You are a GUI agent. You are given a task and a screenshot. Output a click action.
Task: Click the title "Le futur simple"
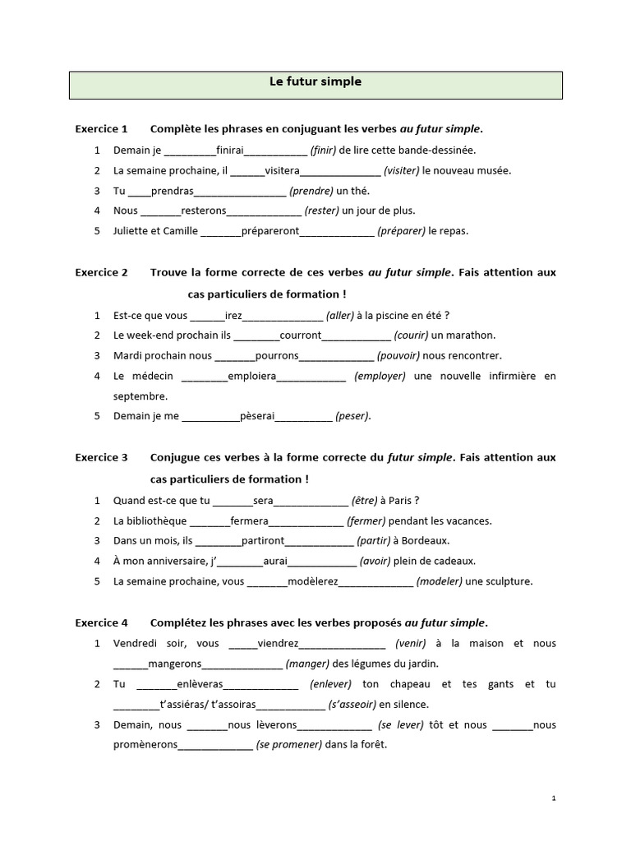coord(315,82)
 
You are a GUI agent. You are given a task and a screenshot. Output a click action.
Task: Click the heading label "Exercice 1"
coord(101,129)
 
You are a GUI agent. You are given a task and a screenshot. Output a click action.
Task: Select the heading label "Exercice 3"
coord(101,457)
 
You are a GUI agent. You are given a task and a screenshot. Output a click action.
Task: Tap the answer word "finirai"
coord(229,150)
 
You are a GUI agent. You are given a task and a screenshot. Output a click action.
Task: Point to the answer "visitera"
coord(283,171)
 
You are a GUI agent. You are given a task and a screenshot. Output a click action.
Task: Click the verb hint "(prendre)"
coord(311,191)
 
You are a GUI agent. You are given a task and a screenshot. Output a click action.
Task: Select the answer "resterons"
coord(203,211)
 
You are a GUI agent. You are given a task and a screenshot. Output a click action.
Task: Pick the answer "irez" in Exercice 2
coord(233,316)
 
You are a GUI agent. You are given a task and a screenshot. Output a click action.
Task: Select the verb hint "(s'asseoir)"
coord(352,705)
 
